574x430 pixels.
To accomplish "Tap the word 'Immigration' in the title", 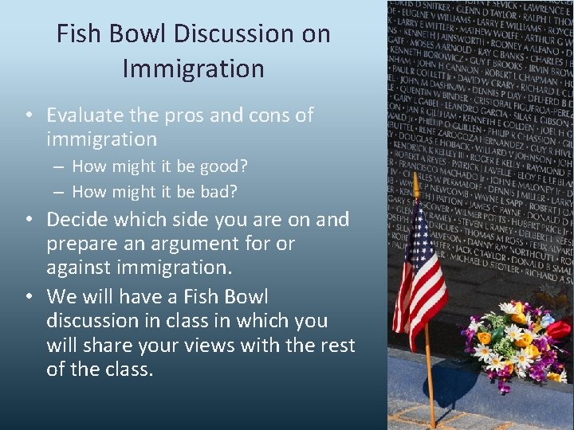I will tap(193, 68).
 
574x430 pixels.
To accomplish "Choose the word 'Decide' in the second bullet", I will tap(78, 219).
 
